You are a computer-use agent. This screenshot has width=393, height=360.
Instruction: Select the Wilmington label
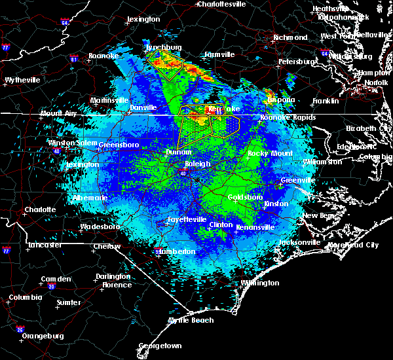tap(259, 283)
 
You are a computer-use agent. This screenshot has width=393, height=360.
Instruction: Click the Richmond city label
tap(290, 37)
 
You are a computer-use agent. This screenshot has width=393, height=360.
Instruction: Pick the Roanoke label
tap(104, 56)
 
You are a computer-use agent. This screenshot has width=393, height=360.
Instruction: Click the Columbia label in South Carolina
tap(25, 297)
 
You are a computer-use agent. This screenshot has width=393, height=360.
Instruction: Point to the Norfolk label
tap(376, 82)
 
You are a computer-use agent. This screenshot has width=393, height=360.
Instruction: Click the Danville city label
tap(143, 107)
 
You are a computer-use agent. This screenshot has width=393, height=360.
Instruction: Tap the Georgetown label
tap(159, 345)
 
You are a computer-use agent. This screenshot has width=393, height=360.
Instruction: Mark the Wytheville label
tap(22, 80)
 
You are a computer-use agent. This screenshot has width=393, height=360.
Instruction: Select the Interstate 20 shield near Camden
tap(51, 286)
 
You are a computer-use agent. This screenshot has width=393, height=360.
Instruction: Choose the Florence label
tap(117, 285)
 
